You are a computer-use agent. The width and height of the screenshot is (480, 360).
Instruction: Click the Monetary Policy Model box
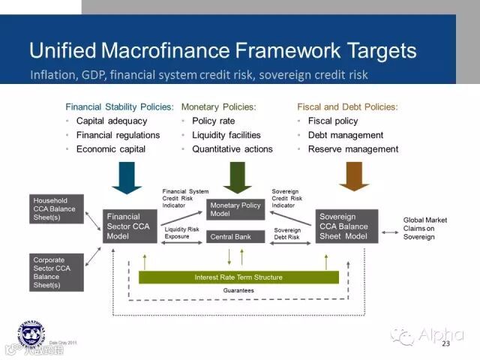click(x=236, y=209)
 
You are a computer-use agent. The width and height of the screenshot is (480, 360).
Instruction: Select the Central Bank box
click(x=236, y=236)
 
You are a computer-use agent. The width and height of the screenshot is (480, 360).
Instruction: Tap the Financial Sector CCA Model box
click(x=130, y=226)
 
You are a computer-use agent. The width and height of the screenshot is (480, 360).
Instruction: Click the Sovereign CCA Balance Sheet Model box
click(x=346, y=226)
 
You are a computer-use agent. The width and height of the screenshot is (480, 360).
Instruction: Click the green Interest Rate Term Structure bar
click(x=238, y=277)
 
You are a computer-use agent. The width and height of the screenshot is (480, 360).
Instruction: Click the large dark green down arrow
click(x=236, y=178)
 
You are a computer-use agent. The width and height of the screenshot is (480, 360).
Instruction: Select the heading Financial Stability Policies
click(x=119, y=107)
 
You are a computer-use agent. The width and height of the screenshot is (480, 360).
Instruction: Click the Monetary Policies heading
click(x=218, y=107)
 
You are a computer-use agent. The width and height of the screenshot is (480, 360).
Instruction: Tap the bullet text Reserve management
click(x=352, y=149)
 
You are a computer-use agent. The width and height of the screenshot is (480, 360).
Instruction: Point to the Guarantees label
click(x=238, y=290)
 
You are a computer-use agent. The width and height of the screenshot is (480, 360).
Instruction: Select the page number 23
click(x=445, y=343)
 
